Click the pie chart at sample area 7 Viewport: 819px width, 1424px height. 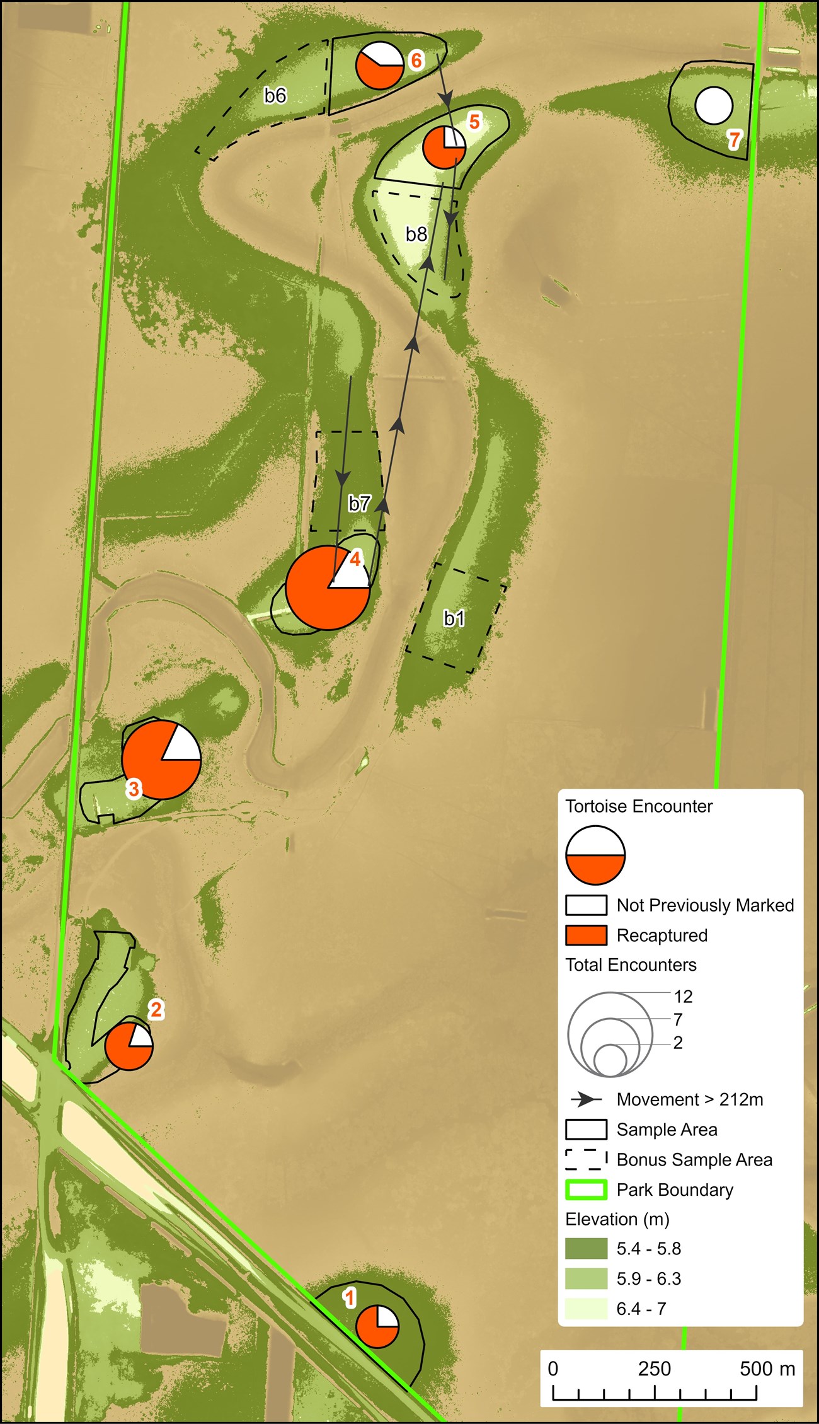coord(714,106)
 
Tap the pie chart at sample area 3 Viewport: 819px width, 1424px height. coord(161,760)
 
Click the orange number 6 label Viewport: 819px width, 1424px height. coord(416,61)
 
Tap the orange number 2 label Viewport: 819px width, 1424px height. coord(156,1009)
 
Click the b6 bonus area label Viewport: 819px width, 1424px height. coord(275,95)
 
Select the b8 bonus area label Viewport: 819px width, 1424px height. coord(416,234)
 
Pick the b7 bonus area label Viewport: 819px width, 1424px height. coord(360,503)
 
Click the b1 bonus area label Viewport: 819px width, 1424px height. coord(454,618)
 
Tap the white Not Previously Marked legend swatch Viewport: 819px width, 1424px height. coord(586,905)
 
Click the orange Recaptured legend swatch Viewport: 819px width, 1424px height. coord(586,935)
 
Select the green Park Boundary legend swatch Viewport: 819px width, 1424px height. coord(586,1190)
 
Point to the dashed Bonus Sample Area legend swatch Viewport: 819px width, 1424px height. coord(586,1159)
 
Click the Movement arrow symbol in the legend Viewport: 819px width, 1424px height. coord(586,1099)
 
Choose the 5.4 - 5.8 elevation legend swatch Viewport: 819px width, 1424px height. coord(586,1248)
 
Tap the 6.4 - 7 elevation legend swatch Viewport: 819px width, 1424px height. coord(586,1308)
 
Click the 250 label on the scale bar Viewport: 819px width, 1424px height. coord(654,1369)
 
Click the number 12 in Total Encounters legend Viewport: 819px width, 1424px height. coord(683,996)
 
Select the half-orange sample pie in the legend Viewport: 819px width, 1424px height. coord(595,855)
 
